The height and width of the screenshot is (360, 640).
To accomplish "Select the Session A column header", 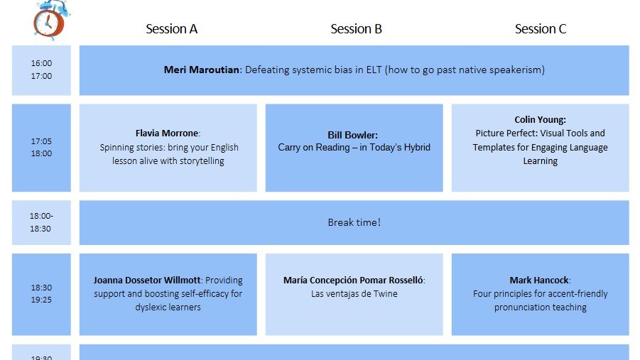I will [171, 29].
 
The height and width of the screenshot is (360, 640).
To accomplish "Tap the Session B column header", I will [356, 29].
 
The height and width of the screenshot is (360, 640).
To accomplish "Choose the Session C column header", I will [541, 29].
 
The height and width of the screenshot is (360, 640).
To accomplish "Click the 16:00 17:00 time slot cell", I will [41, 70].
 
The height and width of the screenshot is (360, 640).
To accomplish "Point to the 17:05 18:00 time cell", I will [41, 148].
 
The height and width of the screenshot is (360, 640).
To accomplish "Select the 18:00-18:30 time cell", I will [41, 222].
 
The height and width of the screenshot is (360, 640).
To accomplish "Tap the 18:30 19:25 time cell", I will [41, 294].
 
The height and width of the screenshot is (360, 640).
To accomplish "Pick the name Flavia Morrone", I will [168, 133].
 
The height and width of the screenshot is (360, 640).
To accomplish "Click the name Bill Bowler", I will [353, 134].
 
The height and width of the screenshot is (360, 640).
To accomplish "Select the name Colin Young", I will [540, 120].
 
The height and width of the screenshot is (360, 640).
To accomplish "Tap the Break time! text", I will [354, 222].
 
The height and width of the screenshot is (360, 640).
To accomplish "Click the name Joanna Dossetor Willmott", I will [147, 280].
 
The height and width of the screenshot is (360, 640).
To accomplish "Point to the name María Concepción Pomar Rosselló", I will [353, 280].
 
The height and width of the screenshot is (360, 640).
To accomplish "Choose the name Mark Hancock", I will [540, 280].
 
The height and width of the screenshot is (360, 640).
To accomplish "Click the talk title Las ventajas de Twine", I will [354, 294].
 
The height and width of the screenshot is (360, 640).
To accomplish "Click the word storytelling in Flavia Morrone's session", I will [199, 161].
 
